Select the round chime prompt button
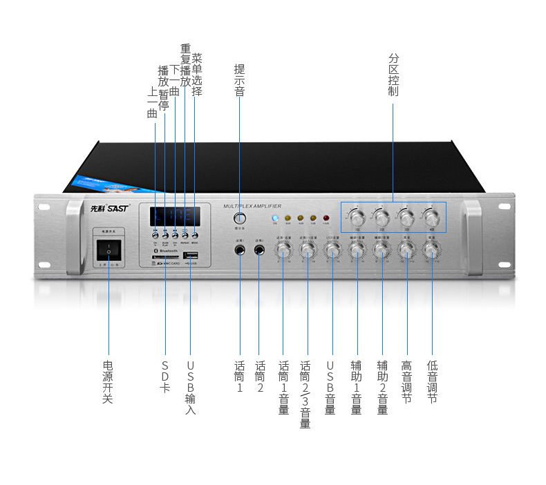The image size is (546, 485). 239,218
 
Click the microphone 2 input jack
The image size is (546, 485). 260,250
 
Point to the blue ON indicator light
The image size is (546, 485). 274,218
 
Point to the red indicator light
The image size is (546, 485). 326,218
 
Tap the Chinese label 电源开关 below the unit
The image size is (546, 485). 108,381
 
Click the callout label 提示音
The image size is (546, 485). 239,80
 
